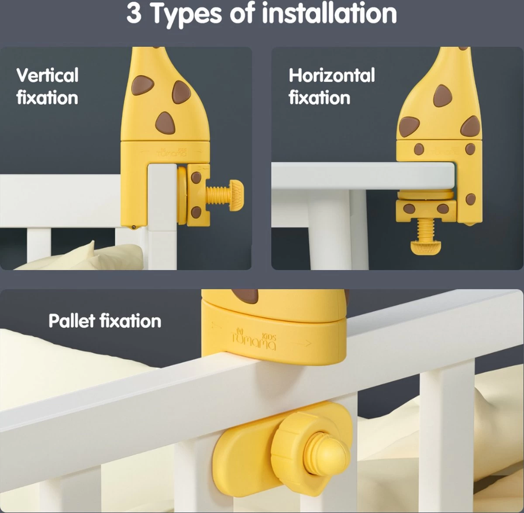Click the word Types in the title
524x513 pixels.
coord(186,14)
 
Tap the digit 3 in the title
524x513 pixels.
coord(134,14)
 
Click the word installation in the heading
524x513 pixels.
coord(329,13)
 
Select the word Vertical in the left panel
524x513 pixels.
coord(48,75)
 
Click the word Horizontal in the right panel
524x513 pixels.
coord(332,75)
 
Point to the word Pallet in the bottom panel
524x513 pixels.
coord(72,321)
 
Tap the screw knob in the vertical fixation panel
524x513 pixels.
coord(236,195)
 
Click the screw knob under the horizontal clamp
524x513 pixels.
coord(426,247)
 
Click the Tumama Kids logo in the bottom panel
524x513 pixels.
coord(254,340)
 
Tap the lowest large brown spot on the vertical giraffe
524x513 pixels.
coord(165,123)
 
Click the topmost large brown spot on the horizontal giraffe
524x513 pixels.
coord(442,96)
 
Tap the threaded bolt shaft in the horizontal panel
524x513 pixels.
coord(426,229)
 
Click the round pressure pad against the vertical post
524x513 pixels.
coord(182,195)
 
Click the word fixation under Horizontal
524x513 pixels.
coord(319,98)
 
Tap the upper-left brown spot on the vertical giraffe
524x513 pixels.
coord(142,86)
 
